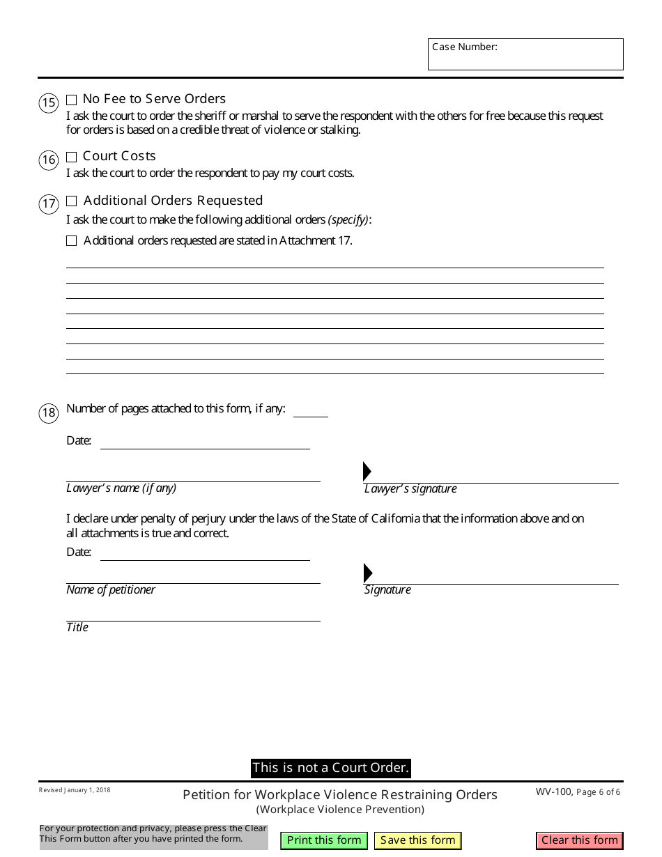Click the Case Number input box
[x=525, y=54]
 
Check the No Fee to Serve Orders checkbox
[x=71, y=100]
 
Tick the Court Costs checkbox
[x=71, y=157]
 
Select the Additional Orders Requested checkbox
[x=71, y=201]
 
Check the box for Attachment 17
[x=71, y=241]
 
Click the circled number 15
[x=48, y=104]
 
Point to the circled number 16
[x=48, y=160]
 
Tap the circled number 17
[x=48, y=204]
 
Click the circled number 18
[x=48, y=412]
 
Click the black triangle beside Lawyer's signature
[x=367, y=472]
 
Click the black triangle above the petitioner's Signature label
[x=367, y=573]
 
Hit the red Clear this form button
[x=579, y=840]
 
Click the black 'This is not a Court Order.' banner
[x=330, y=768]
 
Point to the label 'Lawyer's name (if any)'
[x=121, y=488]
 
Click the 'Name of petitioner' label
[x=111, y=590]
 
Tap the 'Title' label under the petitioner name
[x=77, y=628]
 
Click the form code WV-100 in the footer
[x=554, y=792]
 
